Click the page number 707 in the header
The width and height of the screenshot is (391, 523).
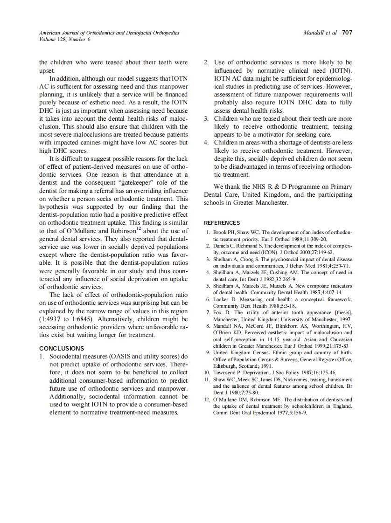tap(346, 33)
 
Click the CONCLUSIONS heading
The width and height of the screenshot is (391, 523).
tap(62, 348)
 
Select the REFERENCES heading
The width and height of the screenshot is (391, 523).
tap(222, 223)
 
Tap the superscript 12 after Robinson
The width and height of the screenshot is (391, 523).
tap(139, 229)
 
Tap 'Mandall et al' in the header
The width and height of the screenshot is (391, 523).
tap(320, 33)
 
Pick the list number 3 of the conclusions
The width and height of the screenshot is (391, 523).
tap(206, 118)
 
